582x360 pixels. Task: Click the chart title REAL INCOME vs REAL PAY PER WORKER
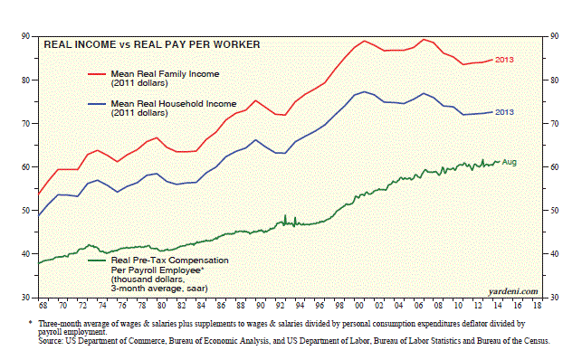point(152,45)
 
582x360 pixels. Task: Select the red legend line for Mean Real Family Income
point(97,74)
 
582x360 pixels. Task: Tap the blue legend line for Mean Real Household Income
point(97,104)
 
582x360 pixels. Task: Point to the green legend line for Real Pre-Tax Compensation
point(97,261)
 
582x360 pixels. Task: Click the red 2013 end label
point(504,60)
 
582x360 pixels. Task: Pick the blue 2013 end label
point(504,112)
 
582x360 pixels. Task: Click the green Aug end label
point(510,162)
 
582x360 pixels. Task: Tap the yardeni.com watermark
point(513,291)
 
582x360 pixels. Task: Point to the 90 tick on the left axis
point(25,36)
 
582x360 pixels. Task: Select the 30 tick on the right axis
point(555,298)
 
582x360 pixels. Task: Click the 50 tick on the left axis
point(25,210)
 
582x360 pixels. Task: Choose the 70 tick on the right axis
point(555,123)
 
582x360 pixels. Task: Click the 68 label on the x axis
point(43,306)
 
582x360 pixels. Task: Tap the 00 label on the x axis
point(359,306)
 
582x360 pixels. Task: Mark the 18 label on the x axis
point(537,306)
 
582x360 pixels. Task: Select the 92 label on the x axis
point(280,306)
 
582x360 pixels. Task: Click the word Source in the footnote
point(51,341)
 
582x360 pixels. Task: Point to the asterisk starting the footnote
point(31,323)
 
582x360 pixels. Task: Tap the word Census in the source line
point(537,341)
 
